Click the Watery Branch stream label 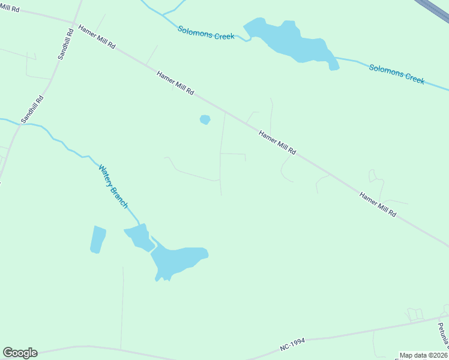pos(113,187)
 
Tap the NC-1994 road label pos(292,344)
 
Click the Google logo pos(20,353)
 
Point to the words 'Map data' pos(412,355)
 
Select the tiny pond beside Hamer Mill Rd pos(205,119)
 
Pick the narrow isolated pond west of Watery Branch pos(98,239)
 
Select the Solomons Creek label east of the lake pos(397,74)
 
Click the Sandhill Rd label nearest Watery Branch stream pos(32,110)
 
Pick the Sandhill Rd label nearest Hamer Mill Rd pos(65,44)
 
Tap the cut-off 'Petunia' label pos(442,337)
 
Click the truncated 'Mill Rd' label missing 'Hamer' pos(10,9)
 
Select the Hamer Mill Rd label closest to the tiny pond pos(175,83)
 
